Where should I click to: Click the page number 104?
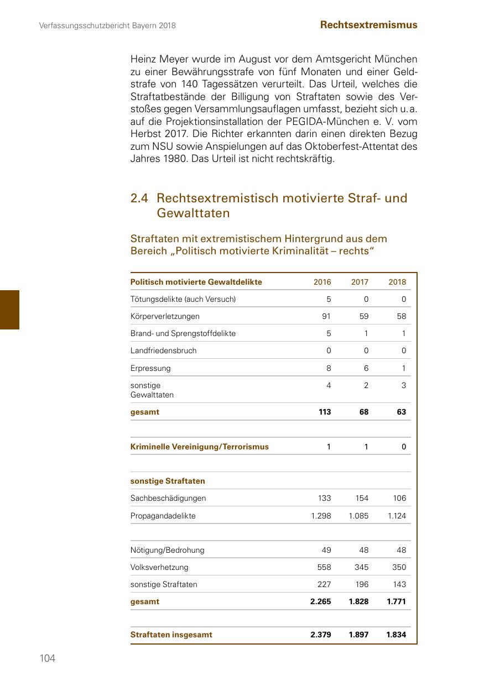(x=48, y=658)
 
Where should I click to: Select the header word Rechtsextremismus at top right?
(x=368, y=25)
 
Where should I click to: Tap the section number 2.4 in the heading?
(x=139, y=198)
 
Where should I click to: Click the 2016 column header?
(x=322, y=282)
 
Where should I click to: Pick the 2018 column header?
(x=397, y=282)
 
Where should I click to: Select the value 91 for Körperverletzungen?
(x=326, y=316)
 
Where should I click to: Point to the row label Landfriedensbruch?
(x=163, y=350)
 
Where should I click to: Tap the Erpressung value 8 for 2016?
(x=329, y=368)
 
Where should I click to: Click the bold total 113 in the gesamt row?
(x=325, y=412)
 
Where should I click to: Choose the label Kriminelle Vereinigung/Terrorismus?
(x=199, y=447)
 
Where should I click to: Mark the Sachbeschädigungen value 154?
(x=362, y=498)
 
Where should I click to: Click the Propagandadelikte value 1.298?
(x=321, y=516)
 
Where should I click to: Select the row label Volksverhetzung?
(x=159, y=567)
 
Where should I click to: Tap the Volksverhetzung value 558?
(x=324, y=567)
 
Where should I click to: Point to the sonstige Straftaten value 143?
(x=399, y=584)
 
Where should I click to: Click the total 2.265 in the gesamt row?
(x=321, y=601)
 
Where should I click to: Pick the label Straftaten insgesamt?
(x=171, y=635)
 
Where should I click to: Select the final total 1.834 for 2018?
(x=396, y=635)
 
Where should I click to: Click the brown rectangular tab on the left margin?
(x=9, y=310)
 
